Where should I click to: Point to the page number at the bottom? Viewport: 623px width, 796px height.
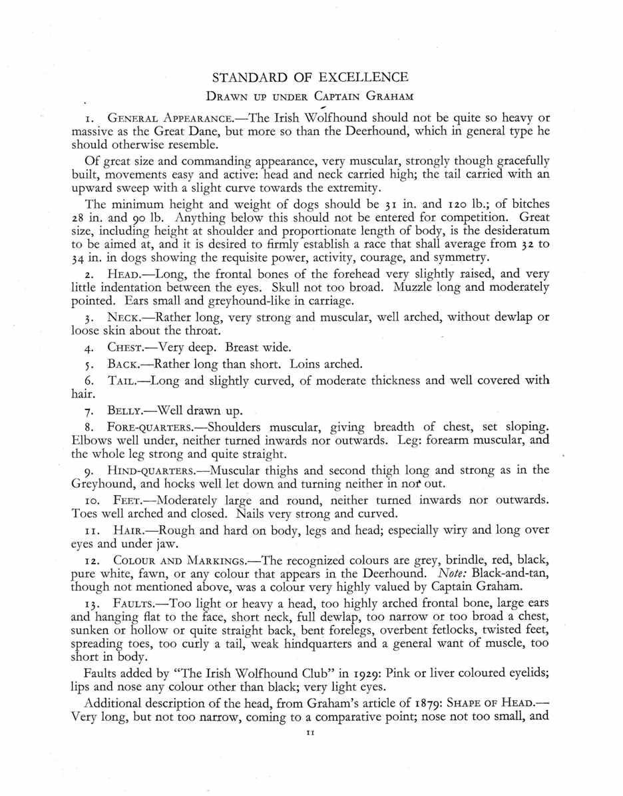point(310,732)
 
